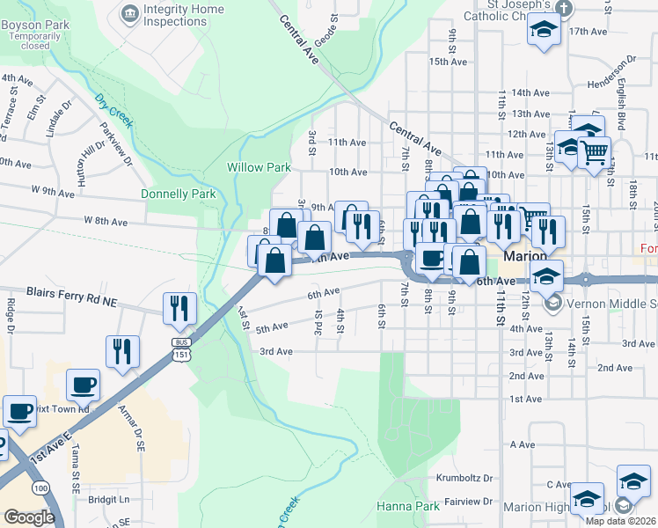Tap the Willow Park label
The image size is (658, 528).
point(259,167)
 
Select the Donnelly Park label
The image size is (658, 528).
point(178,194)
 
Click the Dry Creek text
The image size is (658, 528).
point(113,111)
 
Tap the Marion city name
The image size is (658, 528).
point(527,256)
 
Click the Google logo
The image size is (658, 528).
point(29,517)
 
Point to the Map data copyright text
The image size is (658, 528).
point(620,521)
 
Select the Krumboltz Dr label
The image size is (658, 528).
point(464,478)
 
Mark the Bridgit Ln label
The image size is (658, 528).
point(109,499)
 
